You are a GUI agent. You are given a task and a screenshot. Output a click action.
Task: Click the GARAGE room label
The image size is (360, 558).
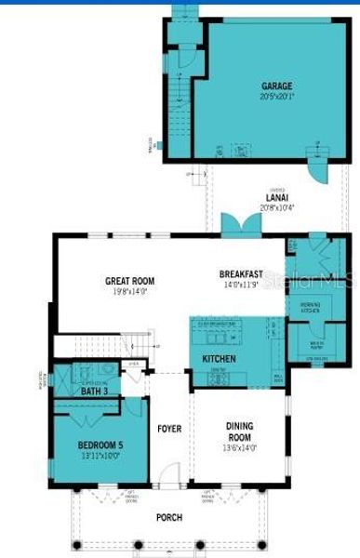tap(276, 86)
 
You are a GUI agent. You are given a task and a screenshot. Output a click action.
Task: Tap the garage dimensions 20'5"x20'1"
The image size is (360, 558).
tap(276, 96)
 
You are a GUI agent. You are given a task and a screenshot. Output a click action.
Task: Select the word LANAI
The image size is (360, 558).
tap(276, 197)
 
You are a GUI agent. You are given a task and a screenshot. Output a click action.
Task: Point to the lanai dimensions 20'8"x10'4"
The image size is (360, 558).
tap(276, 207)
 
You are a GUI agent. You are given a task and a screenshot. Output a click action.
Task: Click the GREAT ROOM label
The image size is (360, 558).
tap(129, 281)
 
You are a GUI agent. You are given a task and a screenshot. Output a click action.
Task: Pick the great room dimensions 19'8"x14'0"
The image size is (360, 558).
tap(129, 291)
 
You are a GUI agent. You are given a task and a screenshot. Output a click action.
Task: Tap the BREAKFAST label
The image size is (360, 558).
tap(241, 274)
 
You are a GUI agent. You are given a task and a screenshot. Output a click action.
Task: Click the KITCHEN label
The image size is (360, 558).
tap(220, 358)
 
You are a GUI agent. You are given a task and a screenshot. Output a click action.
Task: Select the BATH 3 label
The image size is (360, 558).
tap(95, 392)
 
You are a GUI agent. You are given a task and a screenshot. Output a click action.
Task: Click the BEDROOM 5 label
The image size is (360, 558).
tap(101, 445)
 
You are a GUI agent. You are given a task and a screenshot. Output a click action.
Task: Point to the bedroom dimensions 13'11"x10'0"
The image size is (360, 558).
tap(101, 456)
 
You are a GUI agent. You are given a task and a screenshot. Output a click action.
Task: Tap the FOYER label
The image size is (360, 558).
tap(168, 429)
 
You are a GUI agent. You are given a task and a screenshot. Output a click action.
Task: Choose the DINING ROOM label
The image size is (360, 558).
tap(239, 432)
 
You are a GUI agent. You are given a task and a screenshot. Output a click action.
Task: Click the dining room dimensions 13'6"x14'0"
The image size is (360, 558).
tap(239, 449)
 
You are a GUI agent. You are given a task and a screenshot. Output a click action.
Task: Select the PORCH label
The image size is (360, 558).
tap(168, 517)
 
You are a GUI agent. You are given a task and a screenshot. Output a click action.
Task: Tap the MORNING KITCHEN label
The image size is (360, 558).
tap(310, 307)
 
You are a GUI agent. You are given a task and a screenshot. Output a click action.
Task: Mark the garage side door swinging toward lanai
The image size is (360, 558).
tap(317, 173)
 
